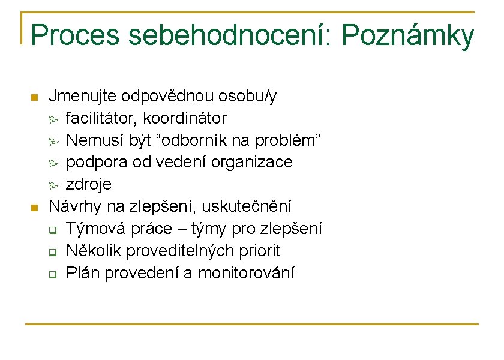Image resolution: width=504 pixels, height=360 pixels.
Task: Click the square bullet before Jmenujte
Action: [x=34, y=97]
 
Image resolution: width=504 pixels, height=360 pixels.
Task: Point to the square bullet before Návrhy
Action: [x=34, y=208]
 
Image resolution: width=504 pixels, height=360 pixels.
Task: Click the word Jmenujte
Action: [x=82, y=96]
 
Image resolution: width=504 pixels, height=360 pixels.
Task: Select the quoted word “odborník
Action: [x=192, y=140]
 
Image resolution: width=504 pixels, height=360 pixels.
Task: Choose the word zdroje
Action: [x=89, y=184]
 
